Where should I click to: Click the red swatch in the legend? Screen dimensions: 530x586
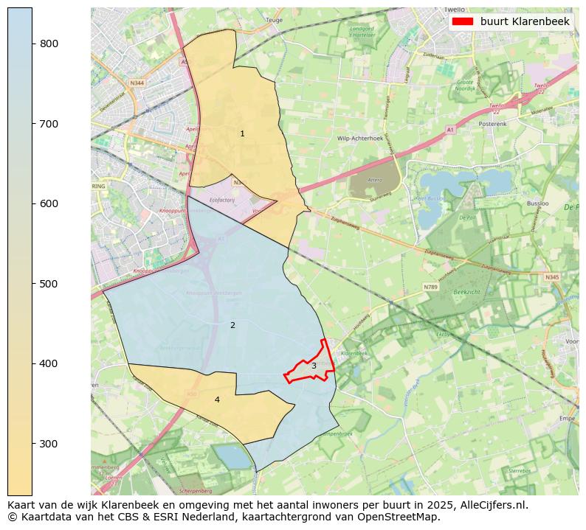[463, 22]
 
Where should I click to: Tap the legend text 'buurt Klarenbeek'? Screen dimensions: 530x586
[525, 22]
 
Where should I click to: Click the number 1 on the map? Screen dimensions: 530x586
[242, 133]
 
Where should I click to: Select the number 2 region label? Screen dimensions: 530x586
[232, 325]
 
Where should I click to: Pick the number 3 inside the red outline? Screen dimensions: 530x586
[314, 366]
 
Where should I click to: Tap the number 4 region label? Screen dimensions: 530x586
[217, 400]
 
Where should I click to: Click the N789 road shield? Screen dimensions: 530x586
[431, 287]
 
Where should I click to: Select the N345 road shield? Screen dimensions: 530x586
[552, 277]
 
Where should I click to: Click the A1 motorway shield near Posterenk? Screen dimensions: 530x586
[449, 130]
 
